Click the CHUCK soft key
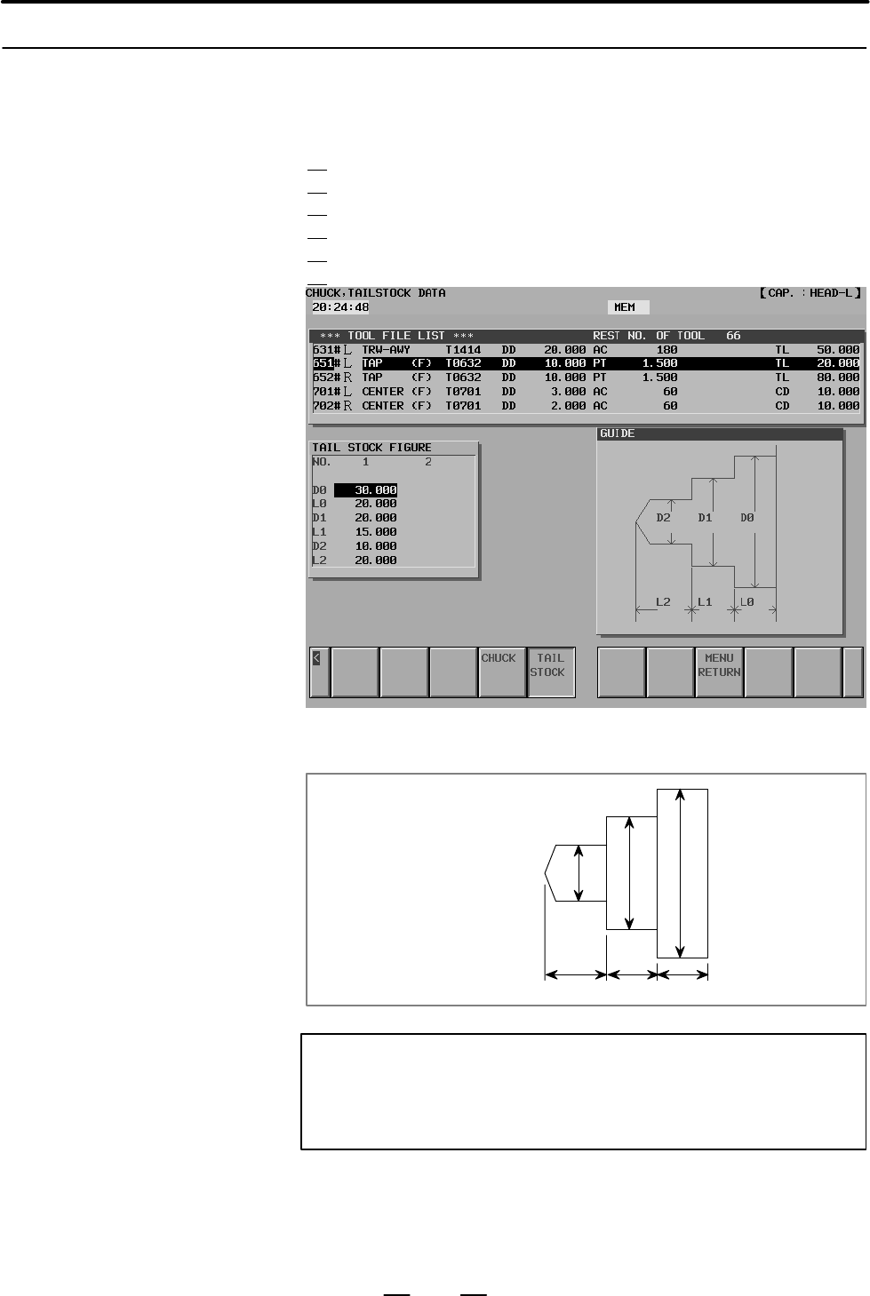tap(502, 672)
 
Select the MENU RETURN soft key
tap(719, 672)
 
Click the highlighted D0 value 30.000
tap(366, 490)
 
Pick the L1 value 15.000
tap(376, 532)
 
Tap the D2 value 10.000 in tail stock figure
tap(376, 546)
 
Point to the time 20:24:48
tap(340, 307)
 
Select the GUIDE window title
tap(617, 433)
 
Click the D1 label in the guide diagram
tap(705, 517)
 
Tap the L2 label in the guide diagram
tap(663, 601)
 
